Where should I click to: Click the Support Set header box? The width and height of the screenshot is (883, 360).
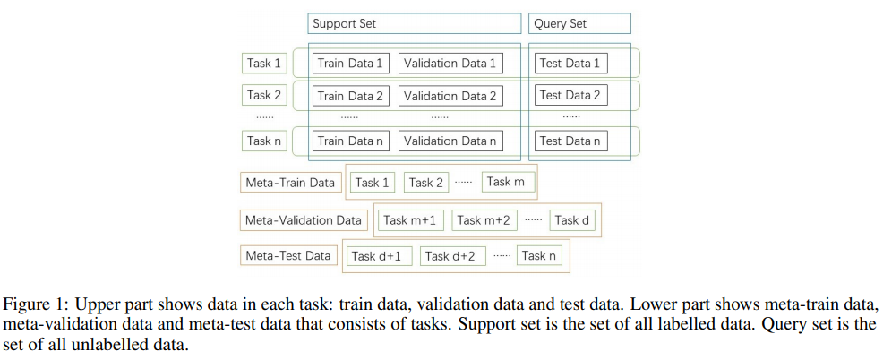[415, 23]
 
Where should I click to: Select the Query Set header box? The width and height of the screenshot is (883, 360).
[579, 23]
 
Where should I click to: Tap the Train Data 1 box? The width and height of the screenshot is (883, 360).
[350, 63]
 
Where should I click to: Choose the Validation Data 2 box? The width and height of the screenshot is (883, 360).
[450, 96]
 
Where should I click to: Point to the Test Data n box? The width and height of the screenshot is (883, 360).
[570, 141]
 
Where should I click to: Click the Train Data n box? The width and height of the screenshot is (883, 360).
[350, 141]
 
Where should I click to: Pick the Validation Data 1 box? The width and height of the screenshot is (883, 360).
[450, 63]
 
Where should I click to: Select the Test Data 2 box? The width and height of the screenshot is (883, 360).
[570, 95]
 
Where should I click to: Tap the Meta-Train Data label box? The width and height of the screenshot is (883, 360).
[290, 183]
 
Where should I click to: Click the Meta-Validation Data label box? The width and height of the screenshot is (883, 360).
[304, 220]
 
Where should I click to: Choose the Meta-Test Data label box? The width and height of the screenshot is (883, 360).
[288, 256]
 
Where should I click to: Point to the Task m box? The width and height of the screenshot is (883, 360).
[508, 182]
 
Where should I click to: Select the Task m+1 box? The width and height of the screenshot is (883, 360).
[409, 220]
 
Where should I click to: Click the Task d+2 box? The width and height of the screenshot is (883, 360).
[450, 256]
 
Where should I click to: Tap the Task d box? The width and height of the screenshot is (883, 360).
[571, 220]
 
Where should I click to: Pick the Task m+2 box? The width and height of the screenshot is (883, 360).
[484, 220]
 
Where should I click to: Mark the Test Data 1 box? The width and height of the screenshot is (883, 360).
[570, 63]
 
